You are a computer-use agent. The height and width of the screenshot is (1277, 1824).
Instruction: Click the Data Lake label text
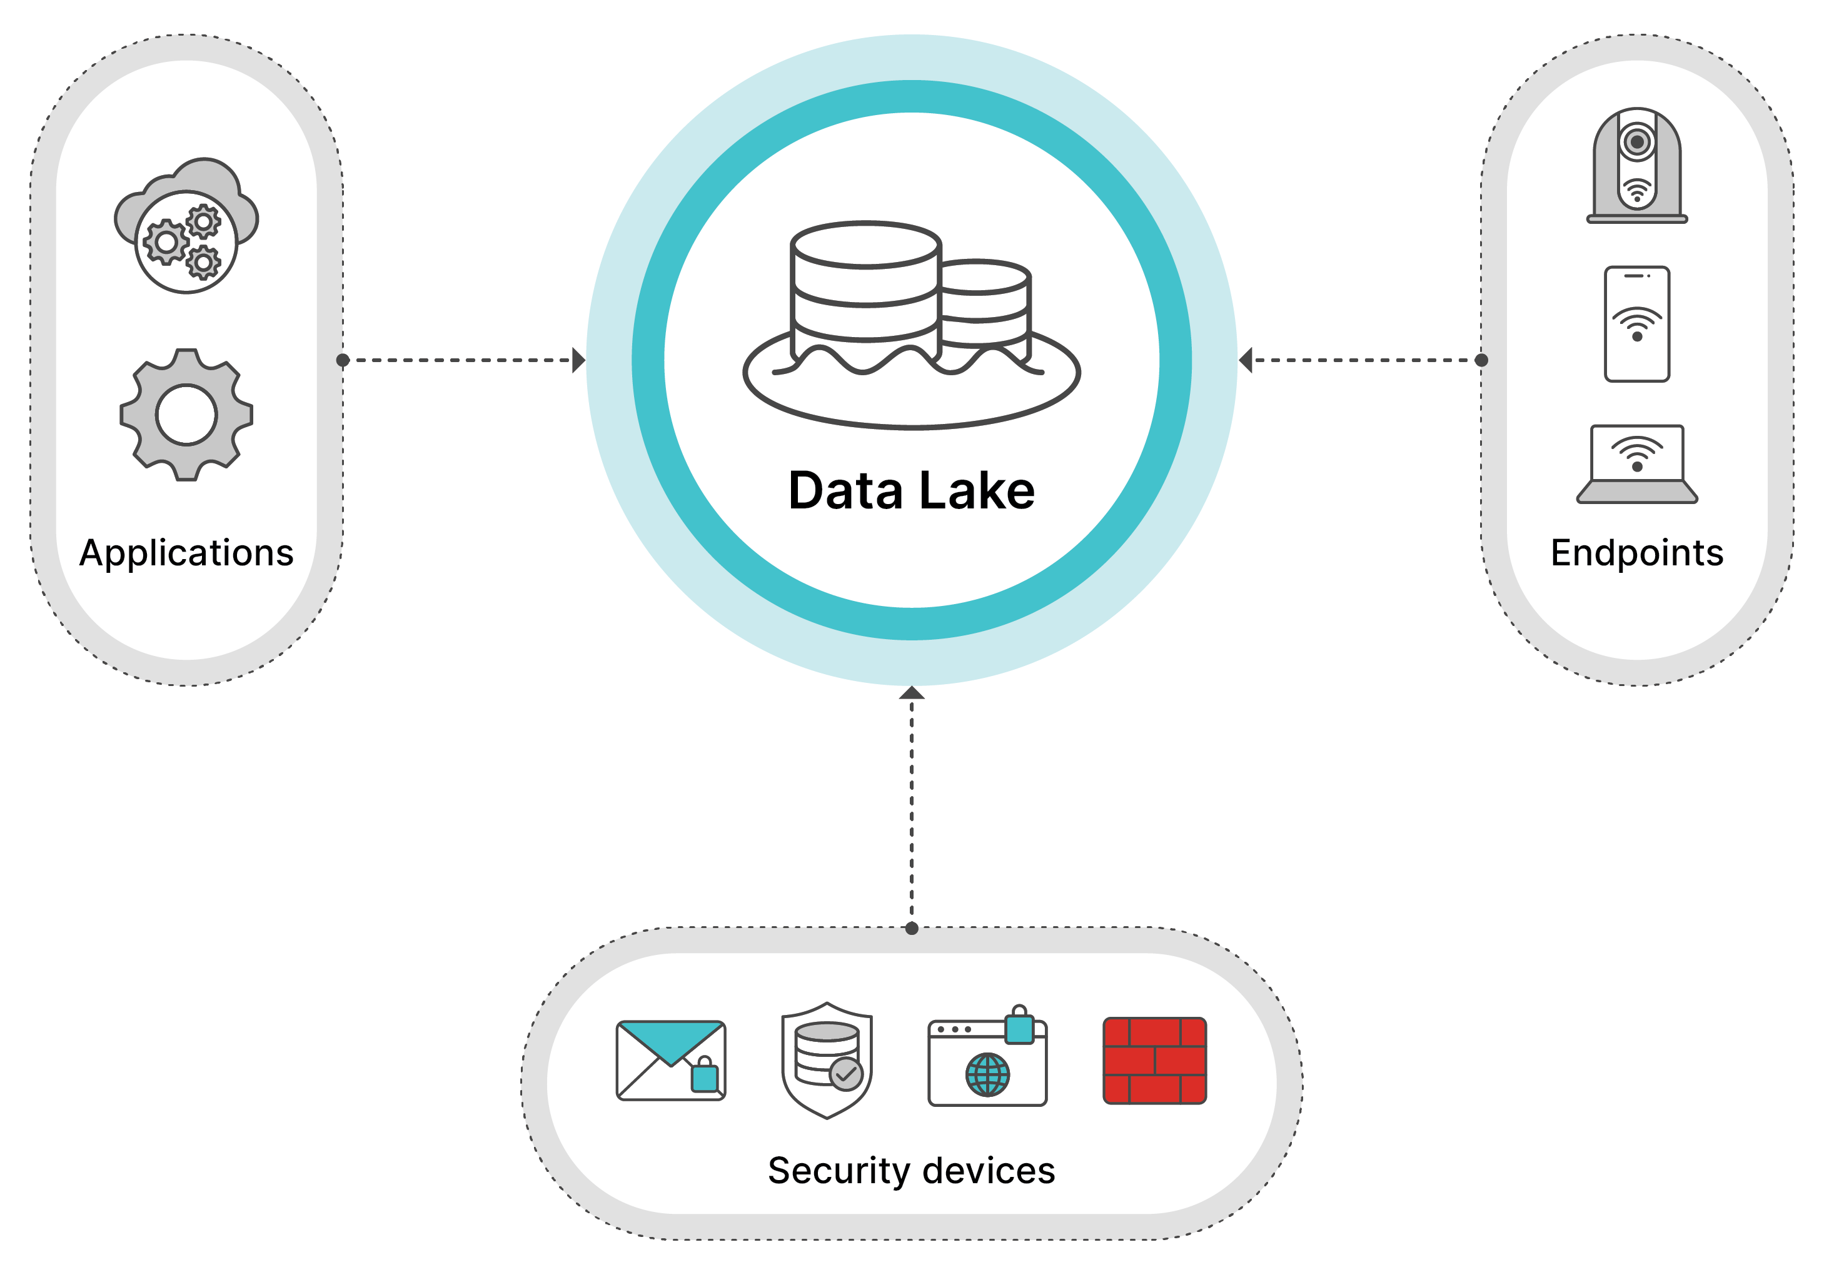click(911, 490)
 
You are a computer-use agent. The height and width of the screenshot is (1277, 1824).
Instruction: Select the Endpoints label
click(1636, 553)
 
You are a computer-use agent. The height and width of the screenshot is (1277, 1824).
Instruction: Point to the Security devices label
click(911, 1171)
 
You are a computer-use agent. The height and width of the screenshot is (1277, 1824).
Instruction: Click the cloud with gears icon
click(187, 226)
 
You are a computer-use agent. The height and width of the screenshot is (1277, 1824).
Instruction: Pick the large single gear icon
click(187, 415)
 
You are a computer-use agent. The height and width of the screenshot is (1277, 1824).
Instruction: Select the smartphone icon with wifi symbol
click(1636, 324)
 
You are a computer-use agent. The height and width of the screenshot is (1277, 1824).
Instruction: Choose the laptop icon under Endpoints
click(1636, 464)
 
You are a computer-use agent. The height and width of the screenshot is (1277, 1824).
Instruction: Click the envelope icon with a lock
click(672, 1060)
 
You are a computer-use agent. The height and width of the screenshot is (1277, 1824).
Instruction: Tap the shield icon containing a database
click(827, 1060)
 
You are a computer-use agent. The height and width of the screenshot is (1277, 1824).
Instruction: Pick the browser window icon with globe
click(987, 1060)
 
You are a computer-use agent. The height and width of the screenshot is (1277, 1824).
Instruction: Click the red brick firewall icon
click(1154, 1060)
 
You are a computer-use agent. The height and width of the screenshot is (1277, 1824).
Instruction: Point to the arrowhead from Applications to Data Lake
click(579, 360)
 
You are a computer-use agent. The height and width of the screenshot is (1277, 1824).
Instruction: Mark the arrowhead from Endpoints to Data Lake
click(1246, 360)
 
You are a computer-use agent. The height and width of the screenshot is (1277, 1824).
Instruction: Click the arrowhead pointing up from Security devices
click(911, 693)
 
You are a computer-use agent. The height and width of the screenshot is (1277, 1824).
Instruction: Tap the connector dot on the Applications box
click(343, 360)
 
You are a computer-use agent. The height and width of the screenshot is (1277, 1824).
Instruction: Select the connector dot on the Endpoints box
click(1481, 360)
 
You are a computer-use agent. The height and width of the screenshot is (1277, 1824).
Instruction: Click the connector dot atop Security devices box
click(911, 928)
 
